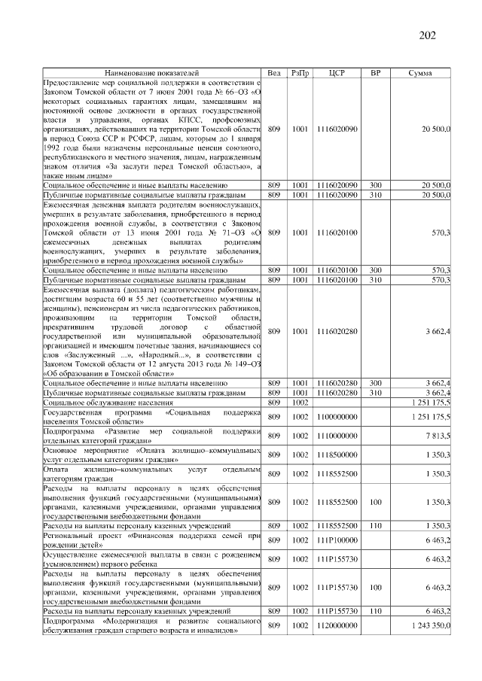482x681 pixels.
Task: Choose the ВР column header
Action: click(x=374, y=72)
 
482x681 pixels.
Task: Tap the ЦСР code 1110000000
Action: click(x=337, y=436)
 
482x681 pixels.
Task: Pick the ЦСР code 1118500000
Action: click(x=337, y=455)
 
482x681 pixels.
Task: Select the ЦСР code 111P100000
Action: click(x=337, y=540)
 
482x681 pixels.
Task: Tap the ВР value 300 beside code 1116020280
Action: click(x=374, y=384)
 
